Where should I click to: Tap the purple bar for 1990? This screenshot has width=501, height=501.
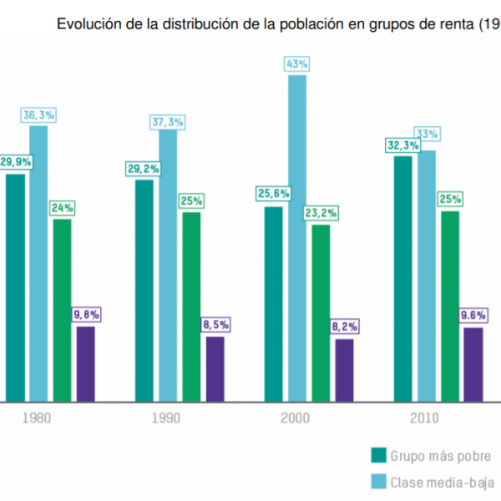pos(215,368)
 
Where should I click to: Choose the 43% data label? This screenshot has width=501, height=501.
pos(296,64)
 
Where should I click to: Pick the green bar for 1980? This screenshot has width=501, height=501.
pos(62,309)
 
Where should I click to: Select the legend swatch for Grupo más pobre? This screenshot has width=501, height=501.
pos(378,455)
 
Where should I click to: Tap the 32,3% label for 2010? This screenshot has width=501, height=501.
pos(402,144)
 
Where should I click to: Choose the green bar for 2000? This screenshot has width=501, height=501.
pos(320,312)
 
